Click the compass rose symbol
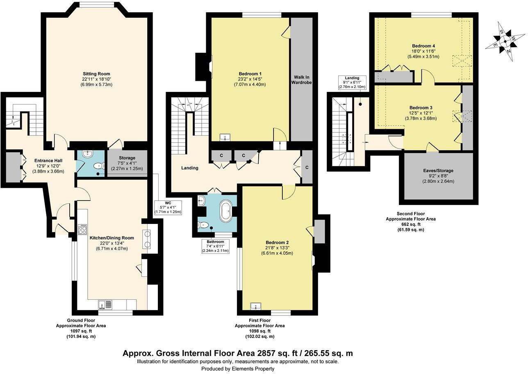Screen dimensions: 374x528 [x=505, y=41]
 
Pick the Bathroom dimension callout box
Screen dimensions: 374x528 [x=215, y=246]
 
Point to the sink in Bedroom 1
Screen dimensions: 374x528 [x=224, y=137]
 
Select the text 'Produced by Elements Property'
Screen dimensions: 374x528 [x=238, y=369]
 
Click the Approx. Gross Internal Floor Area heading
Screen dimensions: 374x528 [x=238, y=353]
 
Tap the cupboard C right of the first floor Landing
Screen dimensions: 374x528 [x=307, y=168]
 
